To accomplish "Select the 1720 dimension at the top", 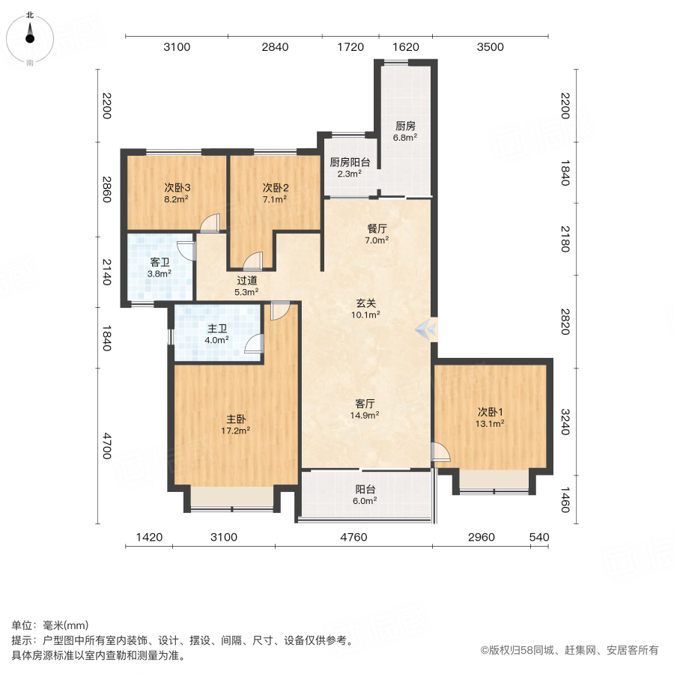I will [x=350, y=47].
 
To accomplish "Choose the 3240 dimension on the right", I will [x=565, y=421].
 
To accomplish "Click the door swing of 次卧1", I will [x=440, y=452].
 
